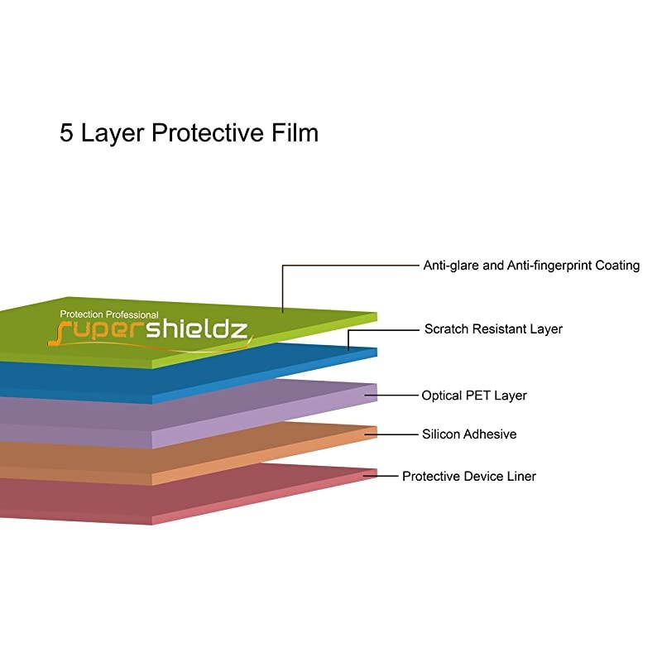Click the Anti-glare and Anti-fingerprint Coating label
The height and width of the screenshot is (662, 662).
pyautogui.click(x=531, y=266)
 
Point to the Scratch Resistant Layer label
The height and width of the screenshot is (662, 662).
pyautogui.click(x=493, y=329)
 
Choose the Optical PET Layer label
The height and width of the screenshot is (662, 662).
pyautogui.click(x=474, y=396)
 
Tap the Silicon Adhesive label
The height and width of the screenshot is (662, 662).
pyautogui.click(x=469, y=434)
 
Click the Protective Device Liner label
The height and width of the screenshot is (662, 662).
pyautogui.click(x=469, y=477)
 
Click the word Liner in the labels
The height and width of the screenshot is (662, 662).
pyautogui.click(x=519, y=477)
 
